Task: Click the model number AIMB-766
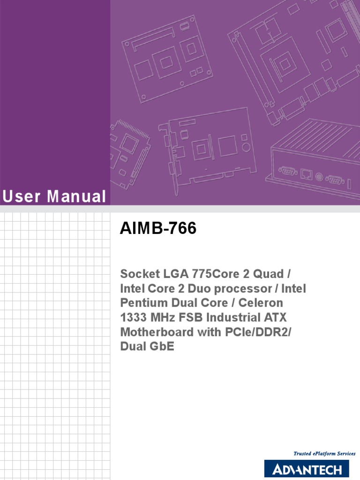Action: (x=158, y=229)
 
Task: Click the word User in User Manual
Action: (x=21, y=197)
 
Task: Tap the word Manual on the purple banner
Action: (x=76, y=197)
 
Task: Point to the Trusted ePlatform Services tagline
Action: (x=324, y=454)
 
